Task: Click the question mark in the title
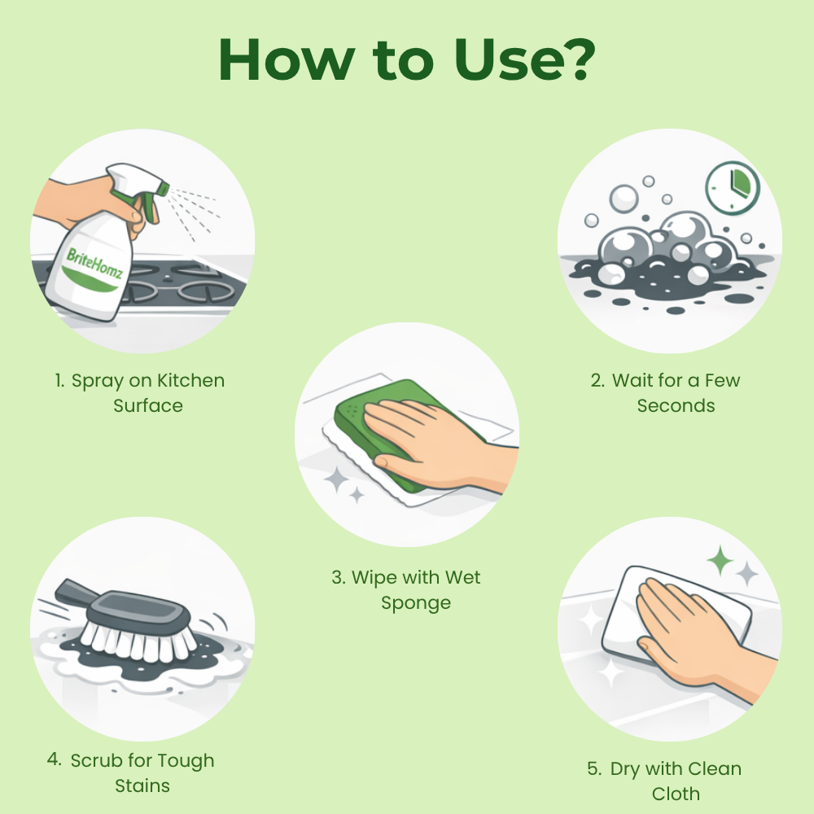[x=575, y=59]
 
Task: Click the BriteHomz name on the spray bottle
[x=94, y=263]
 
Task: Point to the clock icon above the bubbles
[x=733, y=187]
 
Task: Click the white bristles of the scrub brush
[x=138, y=641]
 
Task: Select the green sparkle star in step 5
[x=720, y=561]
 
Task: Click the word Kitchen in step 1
[x=191, y=380]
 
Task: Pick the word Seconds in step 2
[x=676, y=405]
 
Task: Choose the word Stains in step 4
[x=142, y=786]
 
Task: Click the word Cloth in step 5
[x=676, y=794]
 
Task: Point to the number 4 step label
[x=54, y=759]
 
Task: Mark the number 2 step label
[x=597, y=380]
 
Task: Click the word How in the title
[x=287, y=59]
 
